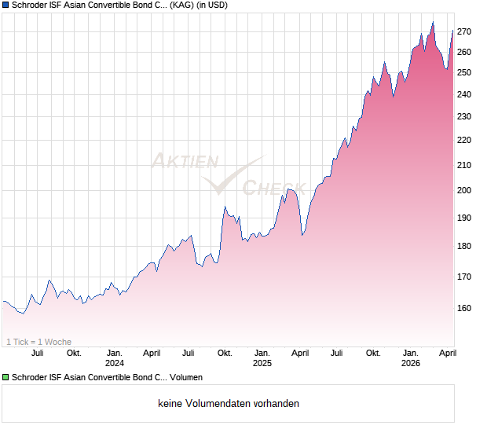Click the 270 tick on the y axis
pyautogui.click(x=464, y=32)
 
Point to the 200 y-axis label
pyautogui.click(x=464, y=191)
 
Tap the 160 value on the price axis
pyautogui.click(x=464, y=309)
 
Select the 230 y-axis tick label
pyautogui.click(x=464, y=117)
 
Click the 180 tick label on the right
pyautogui.click(x=464, y=247)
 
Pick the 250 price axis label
pyautogui.click(x=464, y=73)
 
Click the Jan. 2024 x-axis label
pyautogui.click(x=115, y=358)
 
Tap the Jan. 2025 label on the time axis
pyautogui.click(x=262, y=358)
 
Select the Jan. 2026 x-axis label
pyautogui.click(x=410, y=358)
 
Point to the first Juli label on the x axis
pyautogui.click(x=37, y=354)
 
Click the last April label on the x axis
pyautogui.click(x=447, y=354)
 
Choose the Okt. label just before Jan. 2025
pyautogui.click(x=225, y=354)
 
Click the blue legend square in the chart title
pyautogui.click(x=5, y=5)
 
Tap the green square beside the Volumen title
pyautogui.click(x=5, y=378)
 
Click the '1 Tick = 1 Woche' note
pyautogui.click(x=38, y=342)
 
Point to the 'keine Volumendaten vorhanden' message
pyautogui.click(x=229, y=404)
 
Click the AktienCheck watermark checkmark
pyautogui.click(x=228, y=177)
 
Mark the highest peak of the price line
pyautogui.click(x=433, y=22)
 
